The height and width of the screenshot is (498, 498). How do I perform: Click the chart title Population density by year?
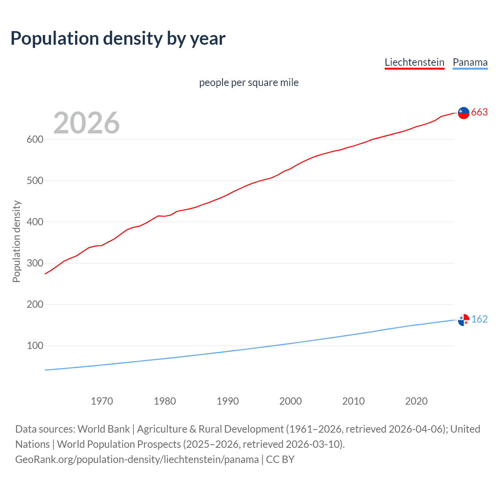tap(118, 38)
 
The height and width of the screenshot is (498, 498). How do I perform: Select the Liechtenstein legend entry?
tap(414, 62)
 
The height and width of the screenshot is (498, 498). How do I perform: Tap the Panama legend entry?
tap(470, 62)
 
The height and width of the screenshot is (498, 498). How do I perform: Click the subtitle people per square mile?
tap(249, 82)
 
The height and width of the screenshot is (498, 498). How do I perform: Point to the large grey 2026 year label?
tap(86, 123)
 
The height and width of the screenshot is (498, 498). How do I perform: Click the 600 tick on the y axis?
tap(35, 139)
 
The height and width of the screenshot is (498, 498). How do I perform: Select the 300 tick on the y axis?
tap(35, 263)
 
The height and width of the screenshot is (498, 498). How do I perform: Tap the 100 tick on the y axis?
tap(35, 345)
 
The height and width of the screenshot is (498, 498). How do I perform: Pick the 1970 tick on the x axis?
tap(102, 401)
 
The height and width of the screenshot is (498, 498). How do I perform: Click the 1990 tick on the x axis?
tap(228, 401)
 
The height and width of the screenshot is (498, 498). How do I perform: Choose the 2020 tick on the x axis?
tap(416, 401)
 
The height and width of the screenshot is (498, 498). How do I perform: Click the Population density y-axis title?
tap(16, 241)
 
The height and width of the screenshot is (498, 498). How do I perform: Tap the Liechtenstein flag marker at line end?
tap(463, 113)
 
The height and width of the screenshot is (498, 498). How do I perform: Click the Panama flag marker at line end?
tap(463, 320)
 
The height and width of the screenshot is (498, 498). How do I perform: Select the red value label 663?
tap(479, 112)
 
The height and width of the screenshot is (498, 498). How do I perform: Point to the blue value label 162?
tap(479, 319)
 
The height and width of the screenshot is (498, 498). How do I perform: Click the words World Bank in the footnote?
tap(103, 429)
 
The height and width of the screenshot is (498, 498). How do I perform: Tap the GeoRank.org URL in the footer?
tap(137, 459)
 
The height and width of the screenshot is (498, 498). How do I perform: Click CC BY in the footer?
tap(280, 459)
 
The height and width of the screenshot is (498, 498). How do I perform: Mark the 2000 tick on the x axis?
tap(291, 401)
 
